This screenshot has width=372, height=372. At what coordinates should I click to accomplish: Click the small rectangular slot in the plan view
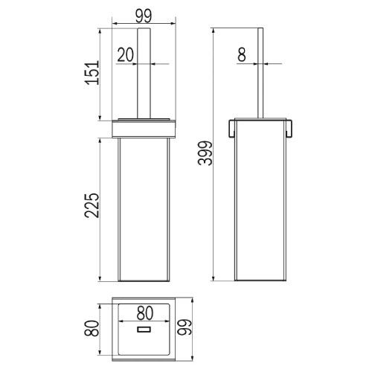(144, 329)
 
